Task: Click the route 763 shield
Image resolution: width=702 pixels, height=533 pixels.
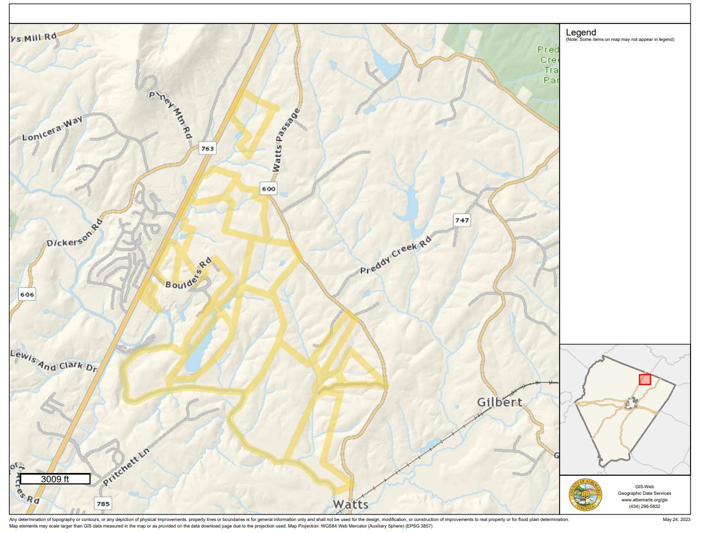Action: coord(207,148)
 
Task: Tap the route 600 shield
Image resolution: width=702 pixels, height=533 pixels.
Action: coord(268,189)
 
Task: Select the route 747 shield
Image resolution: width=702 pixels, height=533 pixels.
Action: coord(461,220)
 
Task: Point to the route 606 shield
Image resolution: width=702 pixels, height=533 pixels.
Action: coord(27,295)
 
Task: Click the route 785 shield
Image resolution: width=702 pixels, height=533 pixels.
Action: coord(103,504)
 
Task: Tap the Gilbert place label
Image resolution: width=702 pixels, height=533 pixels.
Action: coord(499,402)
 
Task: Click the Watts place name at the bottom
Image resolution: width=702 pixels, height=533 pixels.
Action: coord(351,504)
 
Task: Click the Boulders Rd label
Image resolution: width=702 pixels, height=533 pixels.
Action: coord(188,274)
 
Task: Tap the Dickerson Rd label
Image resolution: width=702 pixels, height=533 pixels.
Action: coord(75,233)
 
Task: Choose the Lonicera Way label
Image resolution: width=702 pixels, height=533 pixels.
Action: coord(52,129)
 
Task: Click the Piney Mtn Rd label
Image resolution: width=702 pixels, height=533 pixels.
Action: coord(171,113)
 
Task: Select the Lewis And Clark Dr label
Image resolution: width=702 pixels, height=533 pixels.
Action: coord(53,361)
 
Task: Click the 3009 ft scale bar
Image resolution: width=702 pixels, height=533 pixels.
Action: coord(55,479)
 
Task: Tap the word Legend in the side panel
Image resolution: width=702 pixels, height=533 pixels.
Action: coord(581,33)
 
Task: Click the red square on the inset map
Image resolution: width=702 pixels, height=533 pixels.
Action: coord(645,379)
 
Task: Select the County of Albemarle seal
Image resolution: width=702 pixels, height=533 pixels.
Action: coord(585,495)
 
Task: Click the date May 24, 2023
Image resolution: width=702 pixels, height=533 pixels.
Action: coord(676,519)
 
